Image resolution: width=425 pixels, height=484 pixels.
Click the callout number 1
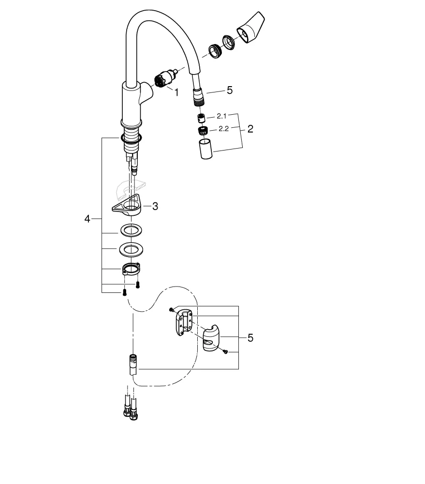[176, 92]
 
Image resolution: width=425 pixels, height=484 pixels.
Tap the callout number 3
[155, 206]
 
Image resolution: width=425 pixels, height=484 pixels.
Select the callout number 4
[87, 219]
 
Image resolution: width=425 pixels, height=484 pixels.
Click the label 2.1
[222, 116]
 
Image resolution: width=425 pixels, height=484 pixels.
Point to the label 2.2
[223, 129]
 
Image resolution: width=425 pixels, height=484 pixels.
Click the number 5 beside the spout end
[230, 90]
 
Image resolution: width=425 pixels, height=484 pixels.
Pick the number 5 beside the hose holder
[250, 338]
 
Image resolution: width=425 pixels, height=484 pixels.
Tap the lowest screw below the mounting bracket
[124, 292]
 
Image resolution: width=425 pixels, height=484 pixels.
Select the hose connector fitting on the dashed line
[133, 365]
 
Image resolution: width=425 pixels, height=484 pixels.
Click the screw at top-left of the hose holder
[171, 309]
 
